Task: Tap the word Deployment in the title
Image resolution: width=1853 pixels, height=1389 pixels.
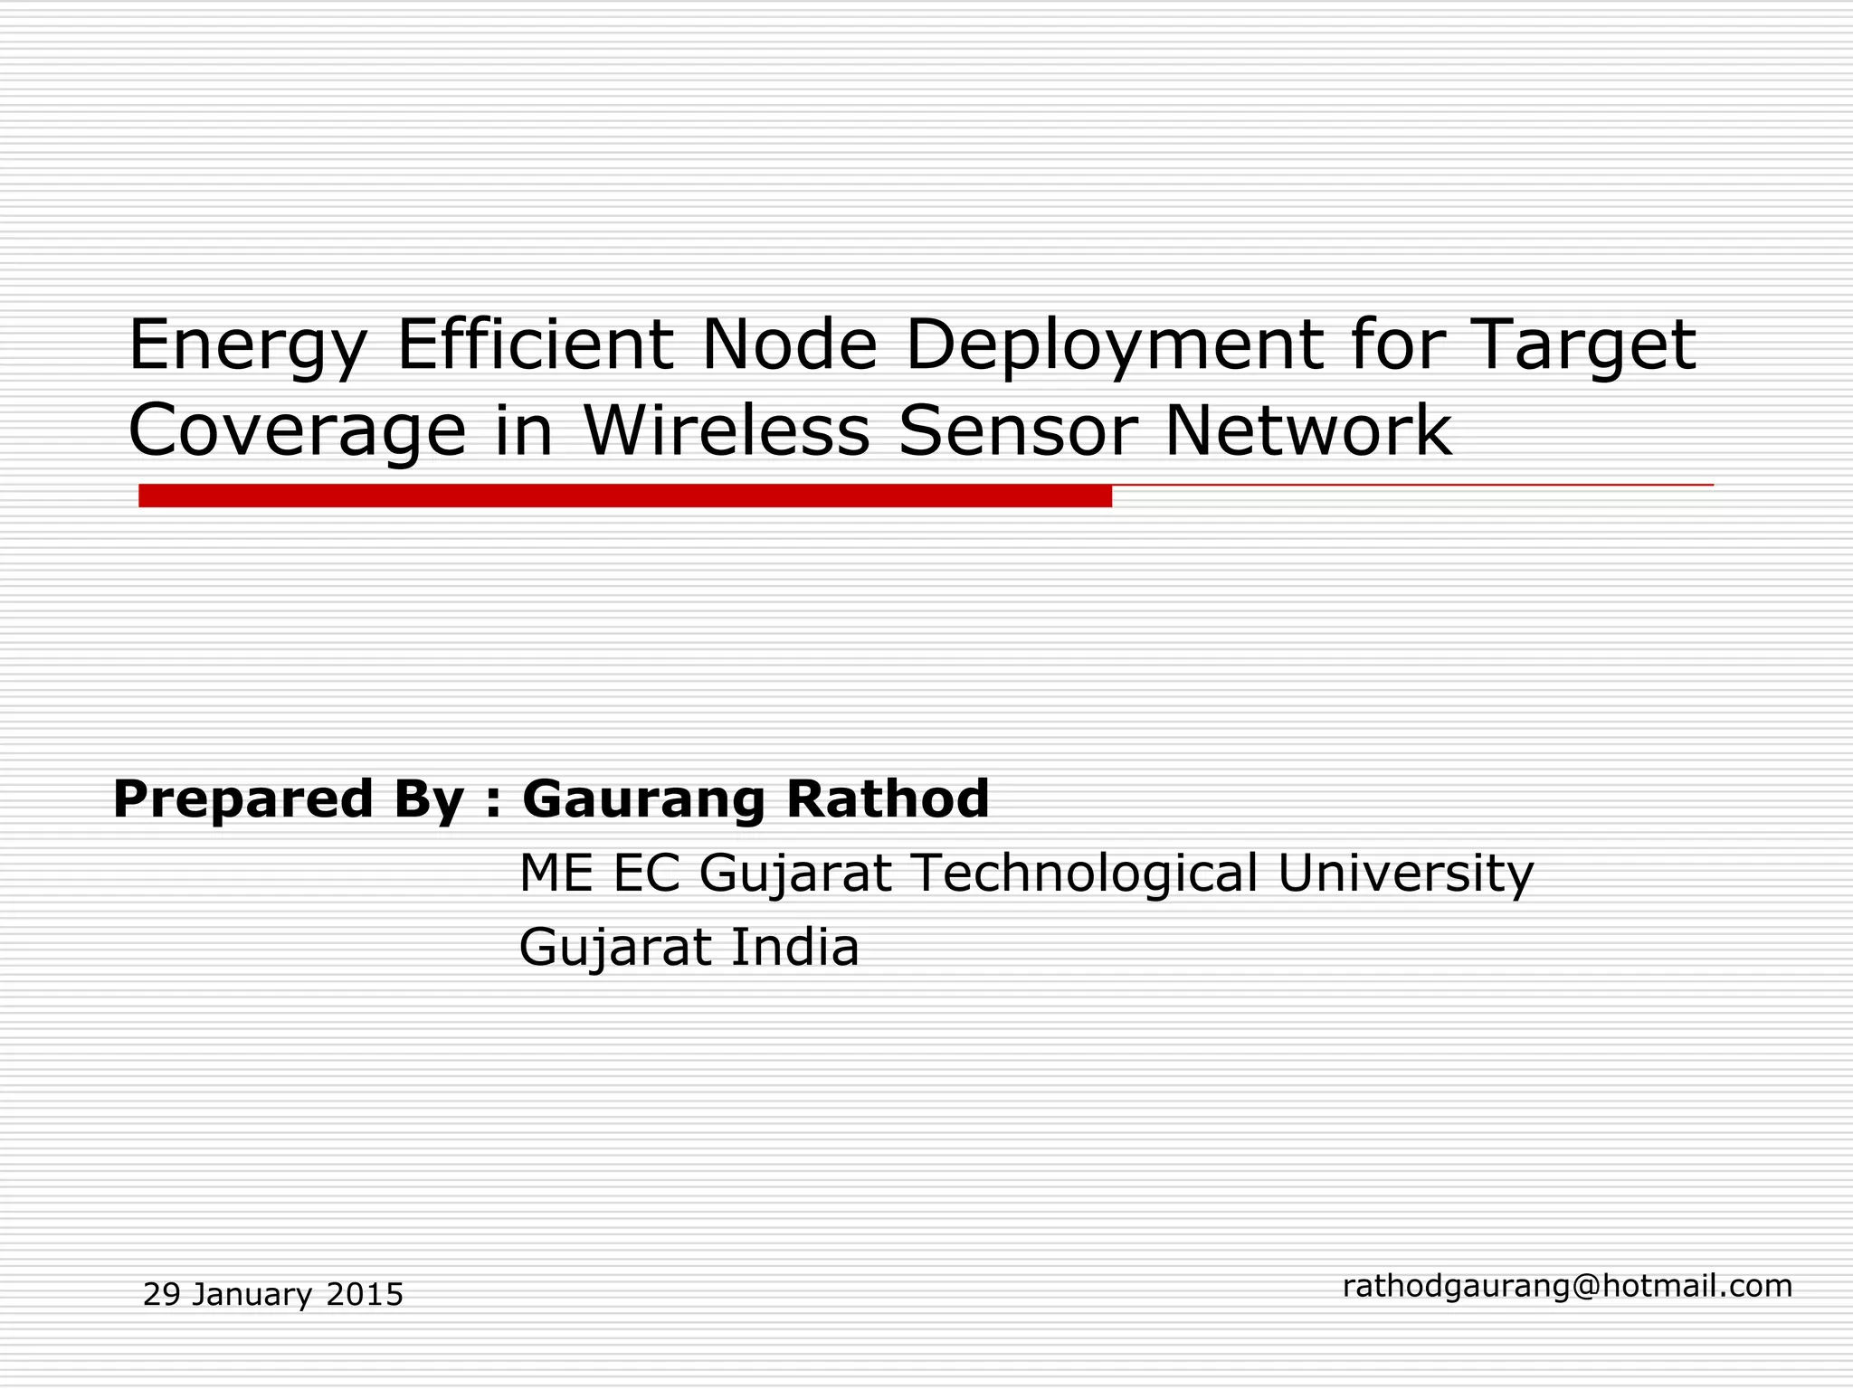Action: pos(1114,347)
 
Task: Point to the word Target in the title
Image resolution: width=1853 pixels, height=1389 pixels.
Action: pos(1584,347)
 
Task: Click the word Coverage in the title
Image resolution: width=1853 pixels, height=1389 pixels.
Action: pos(298,432)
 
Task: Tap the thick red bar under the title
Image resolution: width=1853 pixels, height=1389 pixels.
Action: pos(624,496)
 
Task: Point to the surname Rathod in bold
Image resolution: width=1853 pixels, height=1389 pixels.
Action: pos(887,799)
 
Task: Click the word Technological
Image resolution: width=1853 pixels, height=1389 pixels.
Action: pos(1084,874)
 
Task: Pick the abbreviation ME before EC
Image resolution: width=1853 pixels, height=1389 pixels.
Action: pos(556,874)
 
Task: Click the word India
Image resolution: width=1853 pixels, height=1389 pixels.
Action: pos(794,948)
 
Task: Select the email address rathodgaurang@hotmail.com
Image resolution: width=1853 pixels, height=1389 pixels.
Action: pos(1567,1286)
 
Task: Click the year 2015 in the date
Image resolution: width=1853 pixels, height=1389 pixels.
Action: pos(365,1295)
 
